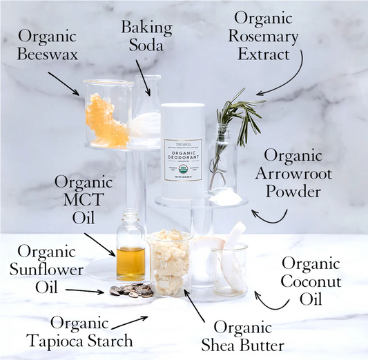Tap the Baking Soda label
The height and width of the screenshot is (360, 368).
point(146,36)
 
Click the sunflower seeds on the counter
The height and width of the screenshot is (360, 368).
point(131,290)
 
